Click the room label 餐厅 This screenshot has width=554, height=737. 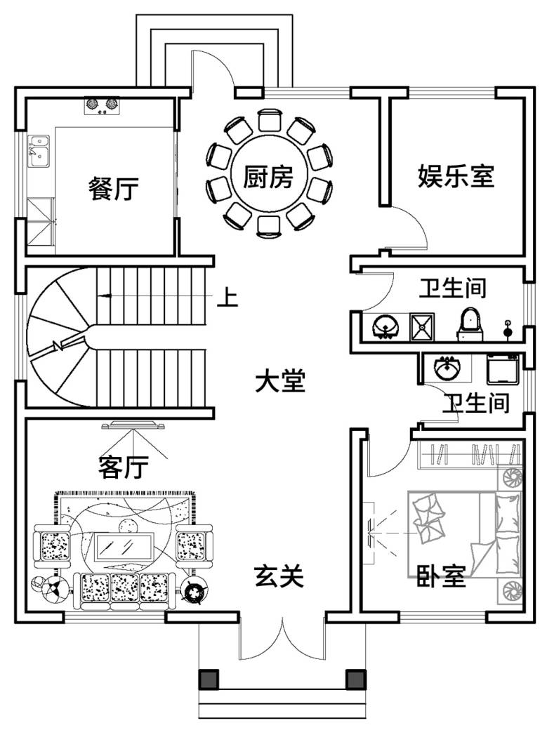(114, 189)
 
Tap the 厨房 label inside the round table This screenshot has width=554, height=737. (268, 177)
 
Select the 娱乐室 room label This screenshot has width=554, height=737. (456, 175)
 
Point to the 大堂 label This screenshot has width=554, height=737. (279, 383)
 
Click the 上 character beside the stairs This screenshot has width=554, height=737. (227, 298)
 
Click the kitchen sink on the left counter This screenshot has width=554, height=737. (37, 151)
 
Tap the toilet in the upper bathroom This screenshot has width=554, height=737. (470, 324)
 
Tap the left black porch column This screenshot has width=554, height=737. (209, 679)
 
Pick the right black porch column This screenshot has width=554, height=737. (355, 679)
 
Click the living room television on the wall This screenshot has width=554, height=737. (133, 425)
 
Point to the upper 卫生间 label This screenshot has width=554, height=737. (453, 288)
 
